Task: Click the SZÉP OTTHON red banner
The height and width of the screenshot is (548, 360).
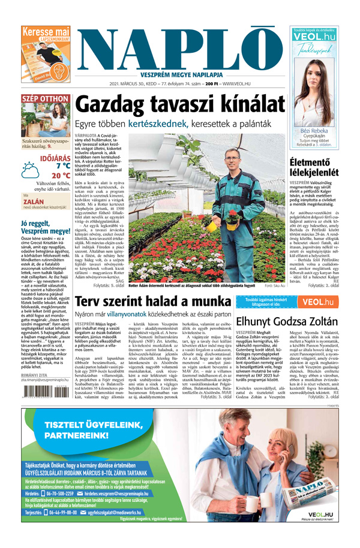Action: pos(45,99)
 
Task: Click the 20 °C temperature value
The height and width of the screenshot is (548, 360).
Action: pos(60,176)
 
